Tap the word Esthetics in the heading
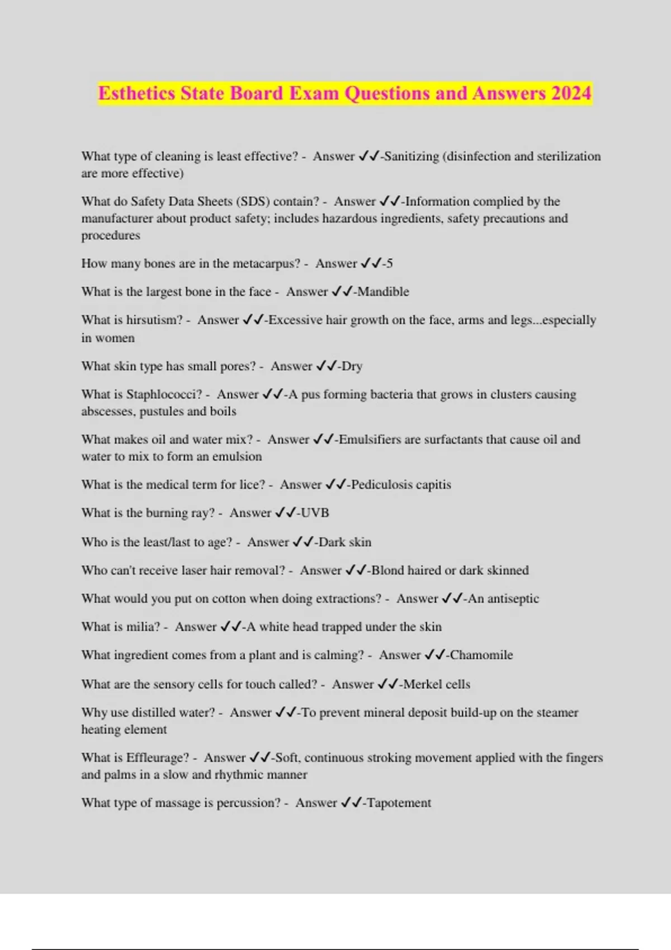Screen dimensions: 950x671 coord(136,93)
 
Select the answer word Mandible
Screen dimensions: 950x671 coord(384,292)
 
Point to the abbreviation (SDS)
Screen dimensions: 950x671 coord(252,202)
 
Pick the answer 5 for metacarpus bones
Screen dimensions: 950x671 coord(390,264)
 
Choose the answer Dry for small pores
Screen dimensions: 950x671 coord(352,367)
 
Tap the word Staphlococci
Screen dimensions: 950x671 coord(164,395)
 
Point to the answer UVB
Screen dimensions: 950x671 coord(315,513)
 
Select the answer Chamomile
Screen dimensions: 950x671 coord(481,655)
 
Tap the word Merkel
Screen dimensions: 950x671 coord(420,685)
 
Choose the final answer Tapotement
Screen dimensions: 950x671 coord(399,803)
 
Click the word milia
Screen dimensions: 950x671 coord(143,627)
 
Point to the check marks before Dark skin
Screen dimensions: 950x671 coord(304,542)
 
